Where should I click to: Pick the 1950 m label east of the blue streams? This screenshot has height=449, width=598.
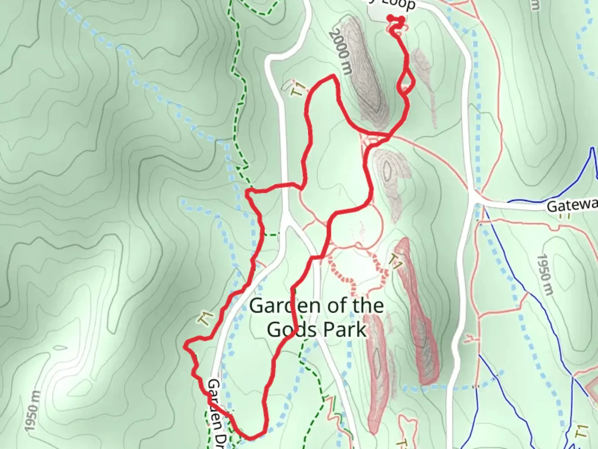(545, 275)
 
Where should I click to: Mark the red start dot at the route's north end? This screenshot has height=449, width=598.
(390, 17)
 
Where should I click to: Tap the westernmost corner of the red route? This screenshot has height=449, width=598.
(186, 345)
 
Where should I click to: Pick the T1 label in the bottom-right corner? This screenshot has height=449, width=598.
(583, 431)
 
